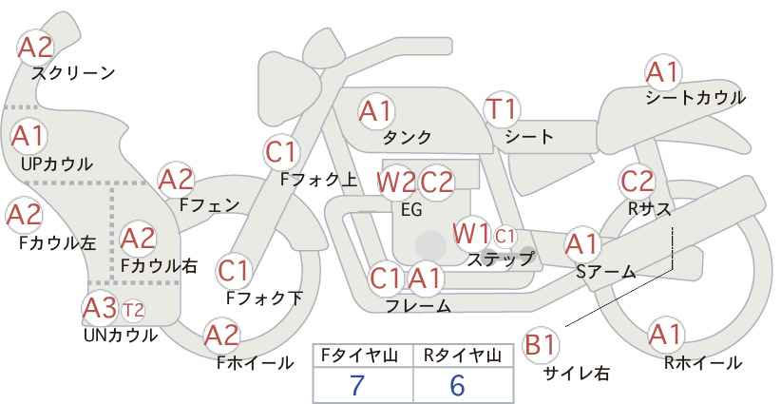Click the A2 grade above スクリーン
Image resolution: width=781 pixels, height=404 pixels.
click(35, 48)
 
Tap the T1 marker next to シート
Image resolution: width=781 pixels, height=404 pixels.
click(502, 109)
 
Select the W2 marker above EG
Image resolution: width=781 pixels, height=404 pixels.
click(396, 183)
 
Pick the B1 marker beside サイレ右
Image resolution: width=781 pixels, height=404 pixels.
click(541, 344)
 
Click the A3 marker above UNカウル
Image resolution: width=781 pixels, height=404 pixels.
click(100, 308)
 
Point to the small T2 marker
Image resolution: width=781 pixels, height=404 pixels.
click(133, 310)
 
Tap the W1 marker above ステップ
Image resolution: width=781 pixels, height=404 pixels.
click(471, 234)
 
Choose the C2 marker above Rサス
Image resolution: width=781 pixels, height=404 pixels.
click(637, 182)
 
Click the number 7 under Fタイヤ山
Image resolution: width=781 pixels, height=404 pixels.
click(356, 385)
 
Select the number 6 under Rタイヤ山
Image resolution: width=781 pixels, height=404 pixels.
click(457, 385)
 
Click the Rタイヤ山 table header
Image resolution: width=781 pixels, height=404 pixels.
click(463, 356)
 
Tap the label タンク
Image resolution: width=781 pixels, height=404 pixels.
click(407, 137)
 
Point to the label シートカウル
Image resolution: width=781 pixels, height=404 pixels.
click(695, 97)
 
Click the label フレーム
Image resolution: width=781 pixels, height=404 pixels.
click(418, 305)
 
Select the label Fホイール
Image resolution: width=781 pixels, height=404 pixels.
click(255, 363)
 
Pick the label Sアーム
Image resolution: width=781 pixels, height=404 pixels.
click(606, 272)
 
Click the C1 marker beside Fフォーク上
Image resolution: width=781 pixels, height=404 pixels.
click(282, 152)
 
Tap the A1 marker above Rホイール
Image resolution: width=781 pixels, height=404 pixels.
click(665, 335)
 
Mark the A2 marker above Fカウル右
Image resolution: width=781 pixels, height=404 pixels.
click(138, 239)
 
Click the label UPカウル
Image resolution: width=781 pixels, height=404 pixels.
click(56, 164)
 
